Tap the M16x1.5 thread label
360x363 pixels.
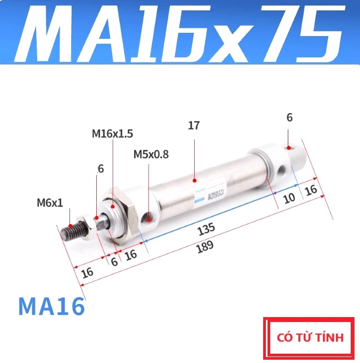coord(112,133)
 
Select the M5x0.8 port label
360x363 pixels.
coord(151,154)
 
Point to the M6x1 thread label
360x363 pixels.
coord(50,203)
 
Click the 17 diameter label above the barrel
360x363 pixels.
coord(194,126)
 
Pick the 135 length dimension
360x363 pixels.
coord(207,227)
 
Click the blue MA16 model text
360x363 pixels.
coord(51,307)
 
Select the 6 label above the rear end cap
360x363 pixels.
coord(289,117)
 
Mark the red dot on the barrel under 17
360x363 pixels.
coord(194,179)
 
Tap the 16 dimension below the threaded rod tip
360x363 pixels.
coord(86,272)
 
